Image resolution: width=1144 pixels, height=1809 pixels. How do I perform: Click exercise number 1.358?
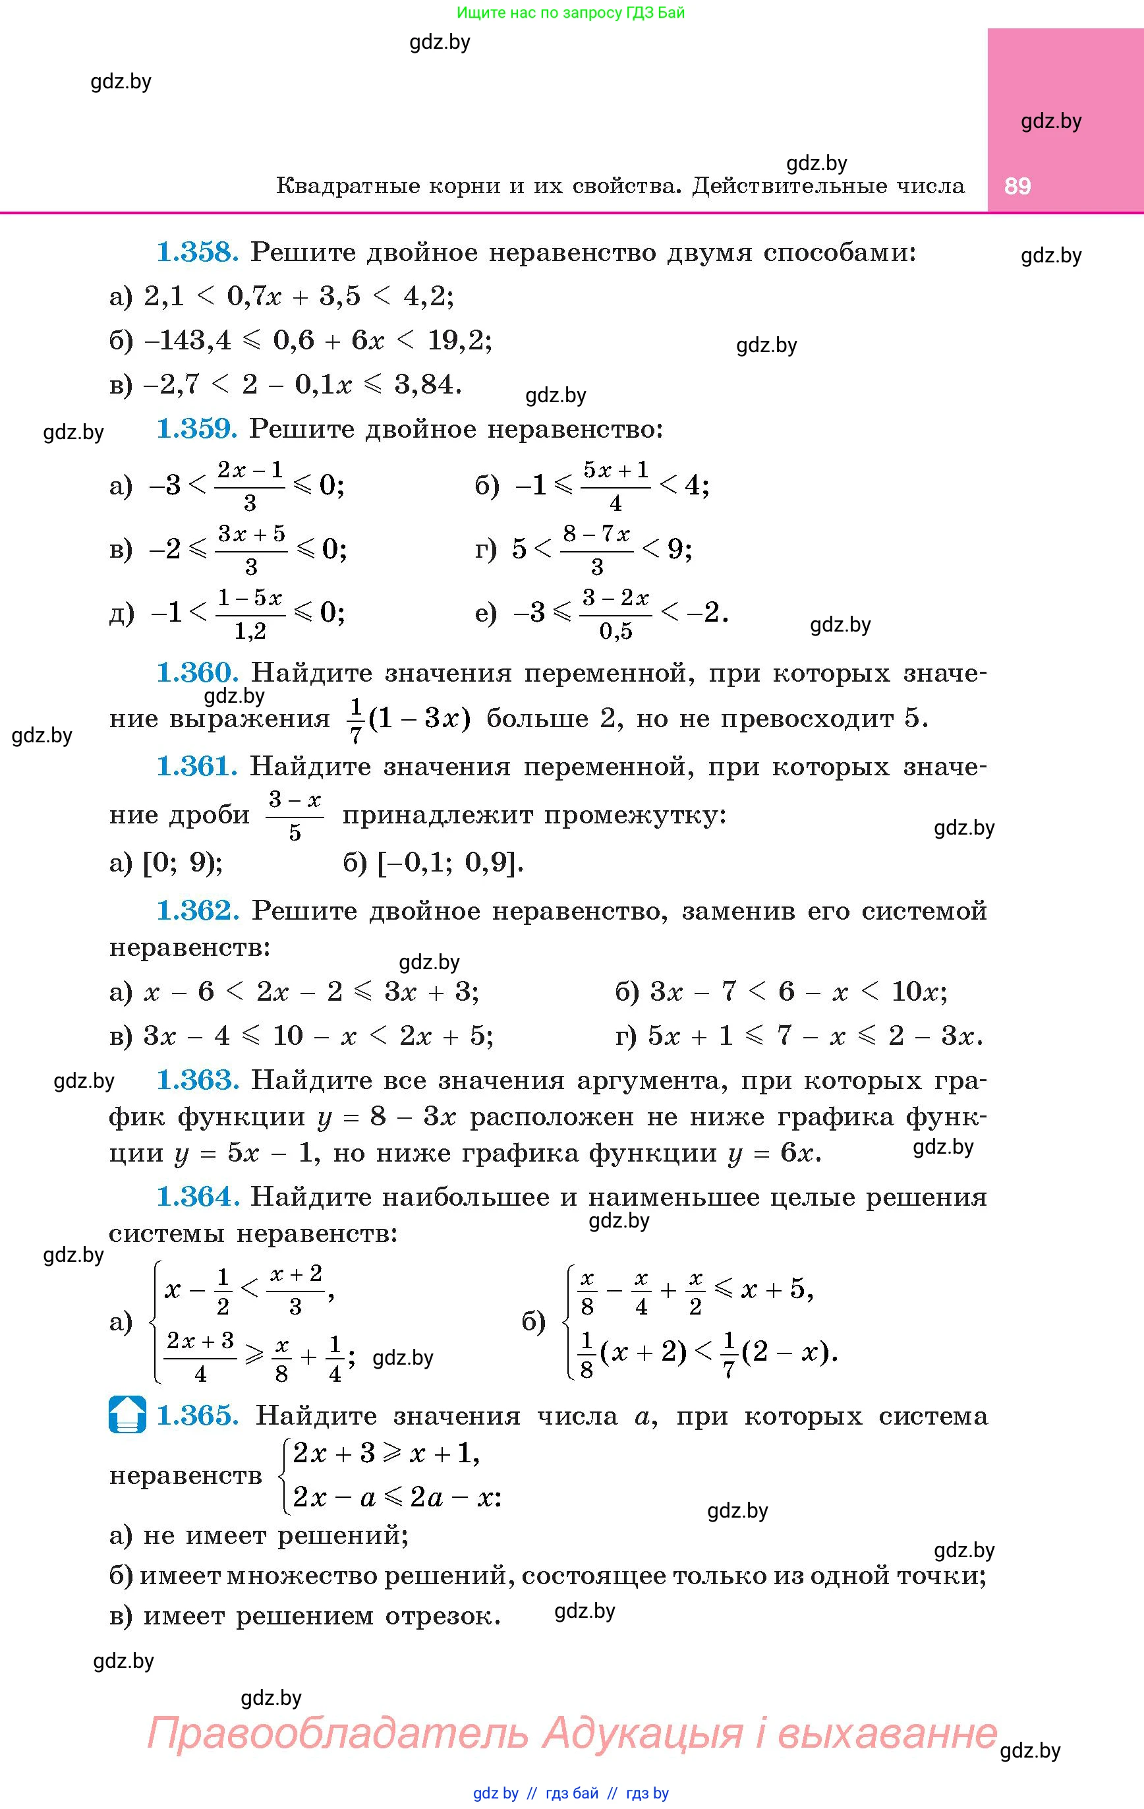[197, 252]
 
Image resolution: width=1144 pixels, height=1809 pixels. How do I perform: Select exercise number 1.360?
[197, 672]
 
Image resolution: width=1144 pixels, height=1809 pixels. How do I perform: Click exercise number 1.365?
[197, 1415]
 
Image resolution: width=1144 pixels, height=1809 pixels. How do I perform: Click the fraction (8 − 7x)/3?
[596, 549]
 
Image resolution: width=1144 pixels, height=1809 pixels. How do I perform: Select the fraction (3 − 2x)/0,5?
[615, 614]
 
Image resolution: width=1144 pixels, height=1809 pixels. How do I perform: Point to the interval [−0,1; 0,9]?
[449, 862]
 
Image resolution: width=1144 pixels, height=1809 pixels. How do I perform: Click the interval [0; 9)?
[182, 862]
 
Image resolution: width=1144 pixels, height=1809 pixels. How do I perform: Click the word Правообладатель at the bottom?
[338, 1733]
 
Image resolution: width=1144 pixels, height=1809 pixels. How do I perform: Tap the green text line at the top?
[571, 13]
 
